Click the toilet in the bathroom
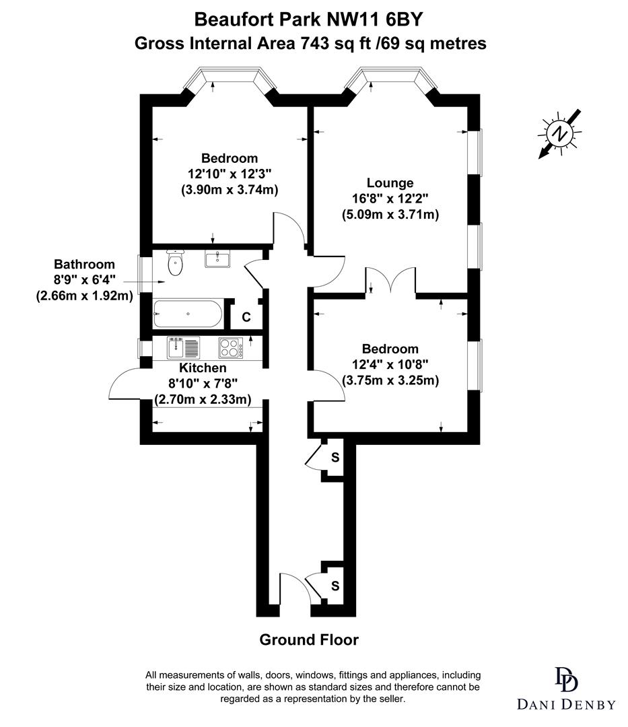(x=176, y=262)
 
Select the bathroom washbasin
(x=218, y=258)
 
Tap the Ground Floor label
(x=309, y=639)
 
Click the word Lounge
(x=390, y=182)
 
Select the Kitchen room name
(x=203, y=368)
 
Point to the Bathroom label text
(x=84, y=265)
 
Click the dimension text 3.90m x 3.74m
(x=230, y=190)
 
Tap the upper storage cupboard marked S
(x=335, y=458)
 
